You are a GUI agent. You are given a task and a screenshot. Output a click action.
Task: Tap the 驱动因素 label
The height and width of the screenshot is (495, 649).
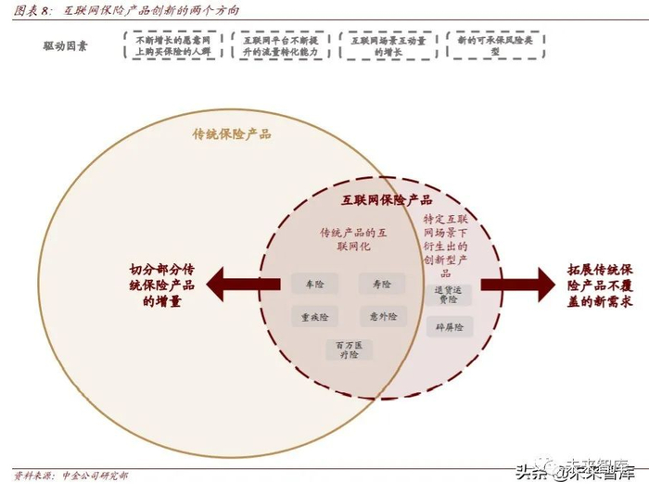click(65, 45)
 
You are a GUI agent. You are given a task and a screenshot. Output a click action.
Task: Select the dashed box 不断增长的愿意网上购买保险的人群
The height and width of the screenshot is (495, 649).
click(173, 46)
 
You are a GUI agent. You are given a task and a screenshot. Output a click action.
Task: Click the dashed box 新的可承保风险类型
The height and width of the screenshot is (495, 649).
click(495, 46)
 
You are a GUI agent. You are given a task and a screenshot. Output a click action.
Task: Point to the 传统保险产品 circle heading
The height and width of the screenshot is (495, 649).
click(232, 133)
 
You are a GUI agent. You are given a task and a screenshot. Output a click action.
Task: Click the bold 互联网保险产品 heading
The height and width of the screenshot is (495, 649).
click(387, 199)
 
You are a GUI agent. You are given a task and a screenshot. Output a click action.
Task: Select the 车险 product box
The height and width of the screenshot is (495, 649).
click(313, 284)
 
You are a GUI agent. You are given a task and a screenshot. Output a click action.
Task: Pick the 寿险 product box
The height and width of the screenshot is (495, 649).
click(382, 284)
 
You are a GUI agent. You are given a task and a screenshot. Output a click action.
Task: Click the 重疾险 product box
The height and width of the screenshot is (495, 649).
click(314, 316)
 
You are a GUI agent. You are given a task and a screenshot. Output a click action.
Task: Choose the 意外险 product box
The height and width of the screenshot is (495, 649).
click(382, 316)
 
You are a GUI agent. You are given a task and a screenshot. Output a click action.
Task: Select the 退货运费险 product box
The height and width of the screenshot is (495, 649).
click(451, 294)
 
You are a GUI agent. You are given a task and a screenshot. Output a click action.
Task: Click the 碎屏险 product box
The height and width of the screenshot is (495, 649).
click(451, 327)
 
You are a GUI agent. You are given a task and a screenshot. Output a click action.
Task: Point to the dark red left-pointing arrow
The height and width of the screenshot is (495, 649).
click(243, 283)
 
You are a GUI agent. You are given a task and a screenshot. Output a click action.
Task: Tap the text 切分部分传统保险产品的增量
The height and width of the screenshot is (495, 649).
click(162, 286)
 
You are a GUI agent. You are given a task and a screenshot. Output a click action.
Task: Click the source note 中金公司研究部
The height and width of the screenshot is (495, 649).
click(95, 476)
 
